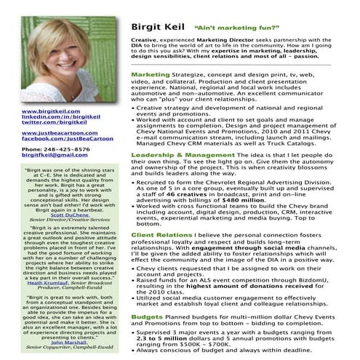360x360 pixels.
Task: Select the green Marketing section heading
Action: [x=149, y=74]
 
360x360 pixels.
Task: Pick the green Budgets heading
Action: [x=146, y=317]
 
